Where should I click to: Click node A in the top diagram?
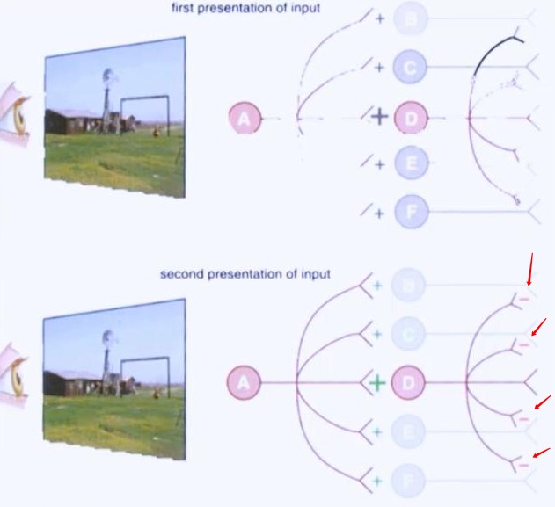pyautogui.click(x=245, y=118)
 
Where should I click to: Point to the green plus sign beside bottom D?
pyautogui.click(x=376, y=383)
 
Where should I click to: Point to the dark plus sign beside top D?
pyautogui.click(x=379, y=117)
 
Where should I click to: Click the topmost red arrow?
pyautogui.click(x=530, y=269)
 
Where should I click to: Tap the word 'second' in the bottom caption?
pyautogui.click(x=179, y=274)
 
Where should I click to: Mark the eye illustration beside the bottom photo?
pyautogui.click(x=13, y=373)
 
